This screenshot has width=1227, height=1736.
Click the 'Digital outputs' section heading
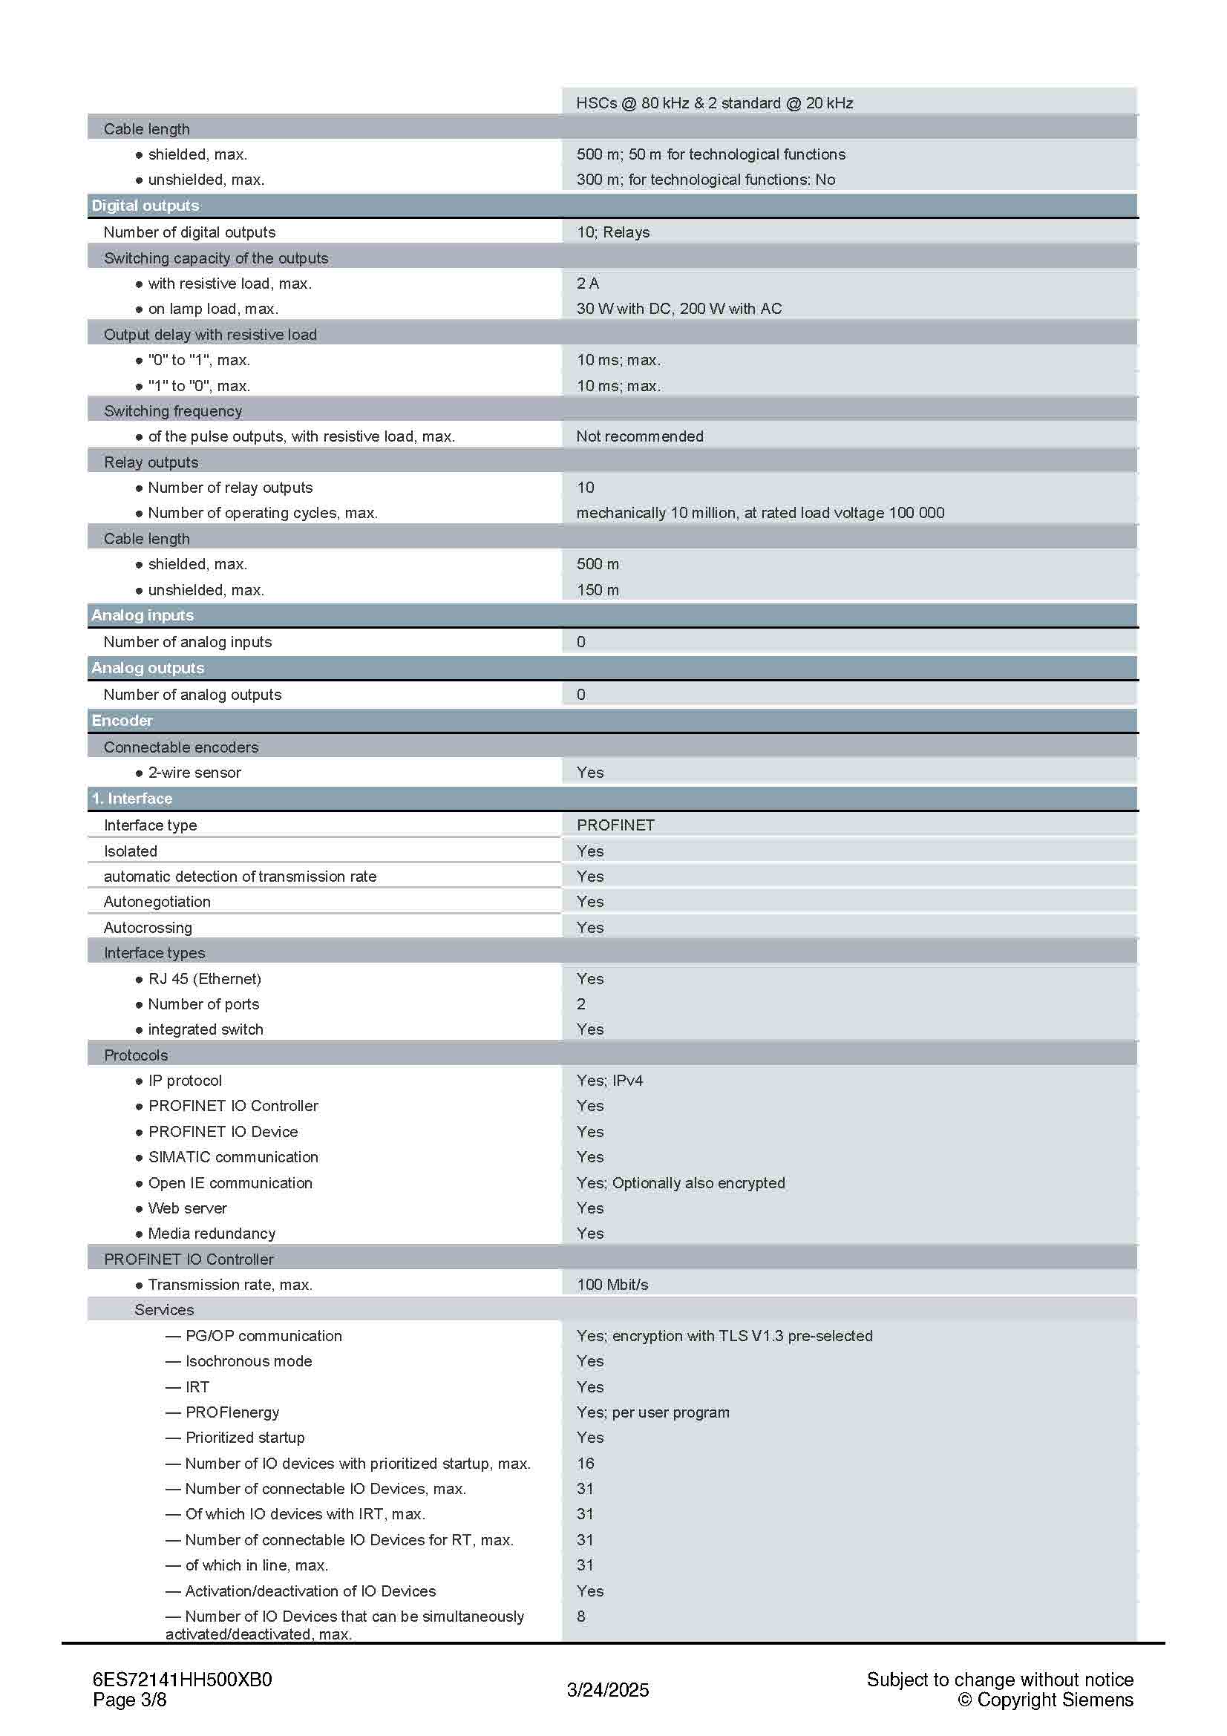pos(145,206)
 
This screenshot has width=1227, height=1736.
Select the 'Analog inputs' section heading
pos(142,615)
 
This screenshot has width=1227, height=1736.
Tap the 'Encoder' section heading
pos(122,721)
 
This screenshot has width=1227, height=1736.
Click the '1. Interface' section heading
pos(131,799)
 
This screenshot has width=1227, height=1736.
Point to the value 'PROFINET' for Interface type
pos(615,825)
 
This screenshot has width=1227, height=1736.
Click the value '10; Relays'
pos(612,232)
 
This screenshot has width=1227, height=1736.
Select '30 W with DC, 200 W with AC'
pos(679,309)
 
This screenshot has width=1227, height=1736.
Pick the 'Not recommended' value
pos(640,436)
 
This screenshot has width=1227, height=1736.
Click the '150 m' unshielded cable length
pos(598,590)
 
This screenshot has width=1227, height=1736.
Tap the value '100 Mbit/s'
pos(612,1285)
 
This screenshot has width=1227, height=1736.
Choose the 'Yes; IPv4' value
pos(609,1081)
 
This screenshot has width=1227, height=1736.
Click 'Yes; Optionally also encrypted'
pos(681,1182)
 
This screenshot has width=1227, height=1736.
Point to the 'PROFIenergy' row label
pos(232,1412)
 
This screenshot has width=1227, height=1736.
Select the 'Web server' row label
pos(188,1208)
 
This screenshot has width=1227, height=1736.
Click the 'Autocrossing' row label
pos(148,928)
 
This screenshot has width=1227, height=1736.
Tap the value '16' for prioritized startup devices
pos(585,1463)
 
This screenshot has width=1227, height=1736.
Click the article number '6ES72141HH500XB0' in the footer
pos(182,1680)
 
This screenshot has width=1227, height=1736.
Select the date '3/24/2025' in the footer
pos(608,1690)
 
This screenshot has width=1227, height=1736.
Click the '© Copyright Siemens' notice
pos(1046,1700)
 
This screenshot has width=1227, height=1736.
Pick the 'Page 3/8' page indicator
pos(129,1700)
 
